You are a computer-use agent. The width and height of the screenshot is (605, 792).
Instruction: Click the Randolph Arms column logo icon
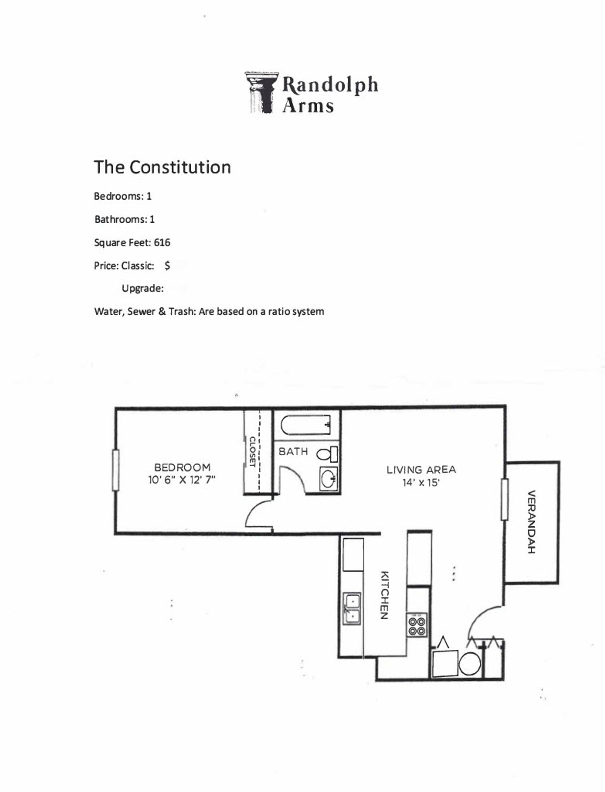pos(261,92)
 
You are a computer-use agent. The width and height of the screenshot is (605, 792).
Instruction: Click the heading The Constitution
pos(162,167)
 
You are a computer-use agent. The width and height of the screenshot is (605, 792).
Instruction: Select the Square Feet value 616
pos(162,243)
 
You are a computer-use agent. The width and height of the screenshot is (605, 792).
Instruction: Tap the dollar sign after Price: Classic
pos(167,266)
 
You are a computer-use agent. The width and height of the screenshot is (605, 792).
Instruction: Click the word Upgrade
pos(142,288)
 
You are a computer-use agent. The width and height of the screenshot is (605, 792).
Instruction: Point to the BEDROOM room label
pos(182,467)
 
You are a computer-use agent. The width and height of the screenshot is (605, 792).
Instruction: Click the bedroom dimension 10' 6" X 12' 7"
pos(182,480)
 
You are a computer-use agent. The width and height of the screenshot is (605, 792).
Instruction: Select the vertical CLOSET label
pos(252,451)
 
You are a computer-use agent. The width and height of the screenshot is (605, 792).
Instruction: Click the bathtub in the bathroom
pos(306,425)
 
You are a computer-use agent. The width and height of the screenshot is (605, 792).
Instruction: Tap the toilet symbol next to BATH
pos(326,454)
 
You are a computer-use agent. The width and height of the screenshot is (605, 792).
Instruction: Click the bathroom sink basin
pos(328,480)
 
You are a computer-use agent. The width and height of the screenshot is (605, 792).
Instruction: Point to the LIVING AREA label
pos(421,469)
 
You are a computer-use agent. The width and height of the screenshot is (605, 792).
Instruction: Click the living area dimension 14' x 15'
pos(421,482)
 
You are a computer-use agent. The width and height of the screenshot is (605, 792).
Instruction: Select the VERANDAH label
pos(532,521)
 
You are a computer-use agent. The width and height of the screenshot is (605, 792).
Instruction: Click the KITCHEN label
pos(384,595)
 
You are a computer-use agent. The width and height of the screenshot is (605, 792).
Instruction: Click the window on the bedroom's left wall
pos(116,470)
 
